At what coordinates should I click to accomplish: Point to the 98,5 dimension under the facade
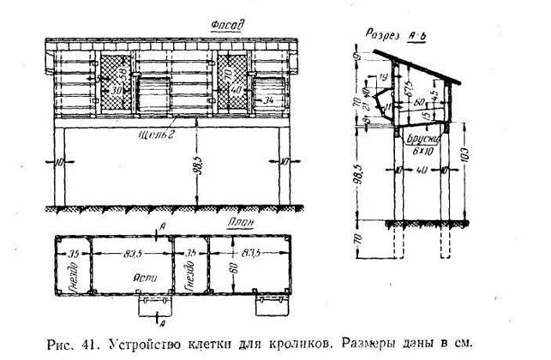point(198,164)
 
